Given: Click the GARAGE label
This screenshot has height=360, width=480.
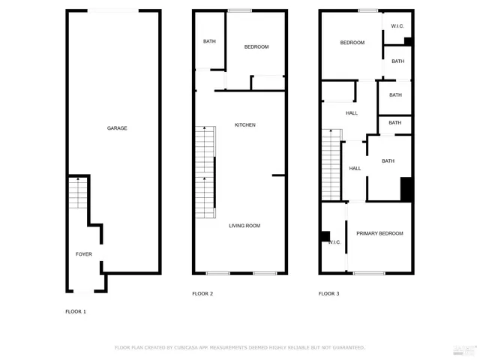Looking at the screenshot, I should [117, 128].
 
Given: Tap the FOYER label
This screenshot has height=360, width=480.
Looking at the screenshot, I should [84, 254].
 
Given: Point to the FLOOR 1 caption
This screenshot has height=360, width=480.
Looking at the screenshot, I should [76, 311].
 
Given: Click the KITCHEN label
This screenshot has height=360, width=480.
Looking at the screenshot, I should [245, 124].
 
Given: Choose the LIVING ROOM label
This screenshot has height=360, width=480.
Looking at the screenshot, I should [244, 226].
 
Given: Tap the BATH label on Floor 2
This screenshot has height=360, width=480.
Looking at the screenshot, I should [209, 41].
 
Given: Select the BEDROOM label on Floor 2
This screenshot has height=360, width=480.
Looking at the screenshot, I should [256, 47].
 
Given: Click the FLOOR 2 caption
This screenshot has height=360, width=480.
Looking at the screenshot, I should [202, 294].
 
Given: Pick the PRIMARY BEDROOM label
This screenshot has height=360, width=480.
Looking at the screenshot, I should [379, 233].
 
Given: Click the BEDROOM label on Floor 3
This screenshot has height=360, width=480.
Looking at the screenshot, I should [352, 43].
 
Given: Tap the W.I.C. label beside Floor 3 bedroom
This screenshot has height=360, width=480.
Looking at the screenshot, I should [397, 26].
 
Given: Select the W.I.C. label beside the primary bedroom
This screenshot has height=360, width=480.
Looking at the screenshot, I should [334, 242].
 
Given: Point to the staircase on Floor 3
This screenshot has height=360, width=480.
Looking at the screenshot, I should [331, 164].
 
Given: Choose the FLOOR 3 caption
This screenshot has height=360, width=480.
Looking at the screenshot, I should [329, 294].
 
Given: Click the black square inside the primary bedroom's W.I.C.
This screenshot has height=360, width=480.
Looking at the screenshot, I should [325, 236].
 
